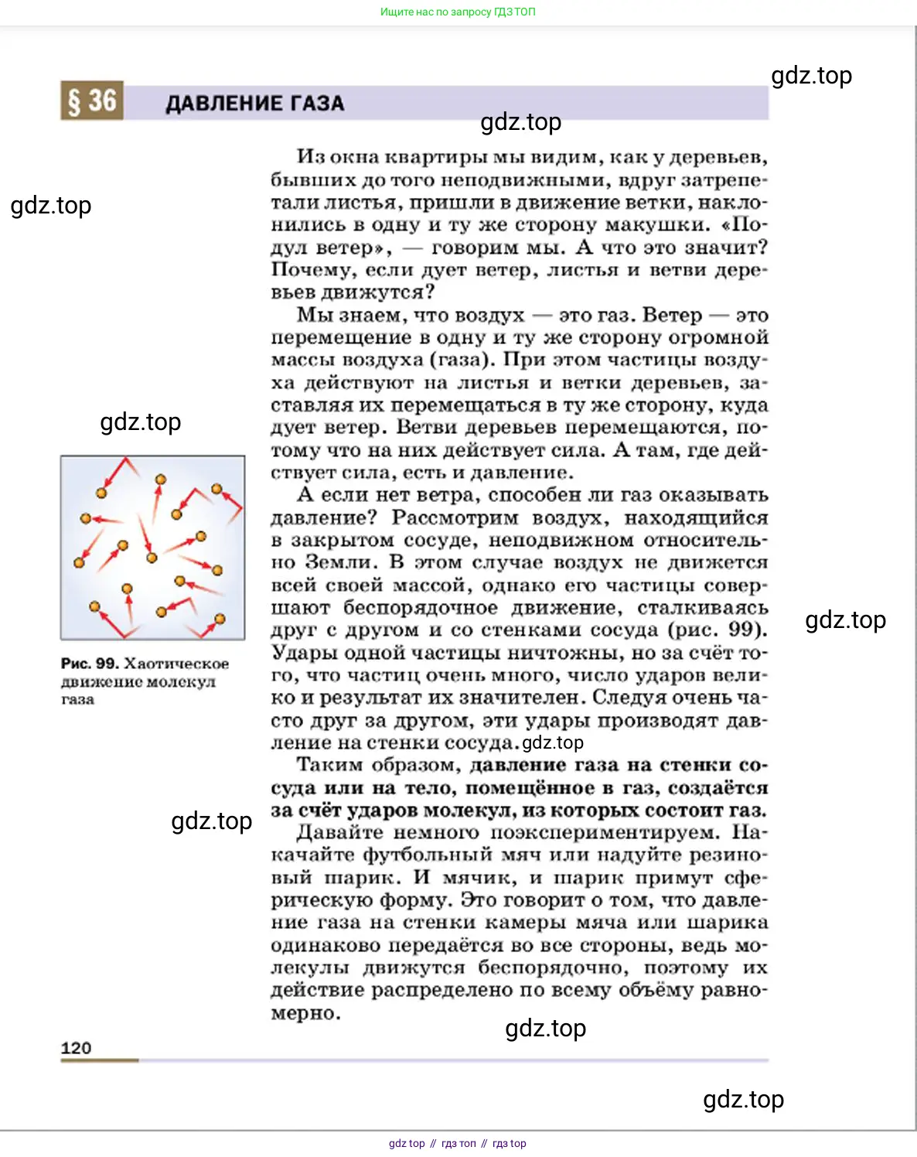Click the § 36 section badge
91,101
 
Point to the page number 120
76,1048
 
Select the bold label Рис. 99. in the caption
90,664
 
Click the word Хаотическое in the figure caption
176,664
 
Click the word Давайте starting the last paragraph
339,833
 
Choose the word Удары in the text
303,653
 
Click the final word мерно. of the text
306,1013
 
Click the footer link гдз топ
458,1143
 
